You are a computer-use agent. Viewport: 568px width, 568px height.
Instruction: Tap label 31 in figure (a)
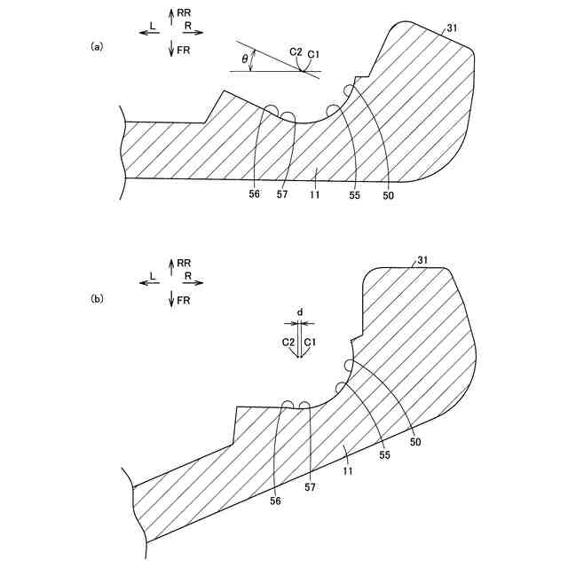click(453, 29)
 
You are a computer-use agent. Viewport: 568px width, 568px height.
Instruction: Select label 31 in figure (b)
click(423, 260)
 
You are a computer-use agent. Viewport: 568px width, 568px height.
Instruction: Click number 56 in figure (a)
click(255, 193)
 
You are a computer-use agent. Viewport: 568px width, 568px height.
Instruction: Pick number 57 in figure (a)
click(282, 193)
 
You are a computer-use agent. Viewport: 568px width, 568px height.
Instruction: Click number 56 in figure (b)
click(275, 501)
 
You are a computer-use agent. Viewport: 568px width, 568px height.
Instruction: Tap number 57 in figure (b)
click(310, 488)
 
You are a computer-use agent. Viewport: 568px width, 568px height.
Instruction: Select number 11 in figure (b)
click(349, 470)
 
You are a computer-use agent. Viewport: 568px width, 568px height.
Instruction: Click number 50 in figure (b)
click(416, 441)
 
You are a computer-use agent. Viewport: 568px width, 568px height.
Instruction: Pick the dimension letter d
click(300, 312)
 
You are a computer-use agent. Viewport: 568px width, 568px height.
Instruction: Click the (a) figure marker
click(98, 46)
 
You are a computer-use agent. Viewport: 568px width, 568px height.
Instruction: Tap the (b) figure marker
click(98, 299)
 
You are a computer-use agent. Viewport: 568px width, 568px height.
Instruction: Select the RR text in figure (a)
click(184, 13)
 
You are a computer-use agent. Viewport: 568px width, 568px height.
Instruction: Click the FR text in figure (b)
click(184, 302)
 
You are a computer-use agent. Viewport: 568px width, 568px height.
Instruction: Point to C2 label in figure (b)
click(288, 342)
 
